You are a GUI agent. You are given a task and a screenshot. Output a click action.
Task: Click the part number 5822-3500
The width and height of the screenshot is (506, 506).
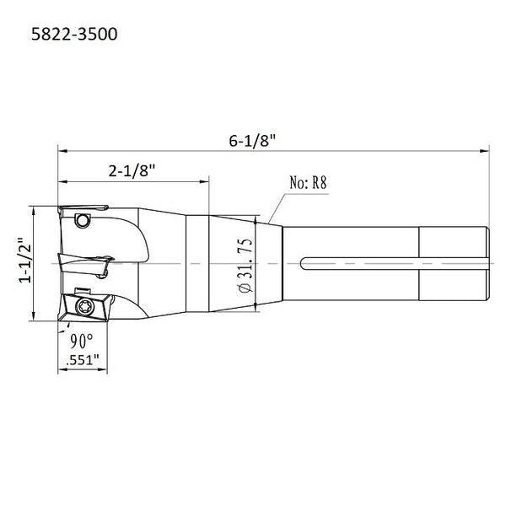click(74, 35)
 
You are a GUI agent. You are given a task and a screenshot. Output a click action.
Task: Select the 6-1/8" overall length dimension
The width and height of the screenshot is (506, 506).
click(252, 141)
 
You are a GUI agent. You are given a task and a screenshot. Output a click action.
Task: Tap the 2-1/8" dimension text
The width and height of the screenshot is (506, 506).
click(132, 170)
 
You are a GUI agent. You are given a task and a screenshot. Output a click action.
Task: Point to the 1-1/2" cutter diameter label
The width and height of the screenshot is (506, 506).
click(25, 261)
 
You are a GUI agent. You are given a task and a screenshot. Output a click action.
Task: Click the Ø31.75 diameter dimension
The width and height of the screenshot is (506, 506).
click(245, 266)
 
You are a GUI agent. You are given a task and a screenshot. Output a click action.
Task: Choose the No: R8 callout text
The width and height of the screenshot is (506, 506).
click(308, 183)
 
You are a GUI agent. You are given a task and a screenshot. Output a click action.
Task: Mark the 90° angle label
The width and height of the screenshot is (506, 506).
click(82, 341)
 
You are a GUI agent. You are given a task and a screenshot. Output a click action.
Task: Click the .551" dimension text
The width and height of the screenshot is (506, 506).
click(83, 360)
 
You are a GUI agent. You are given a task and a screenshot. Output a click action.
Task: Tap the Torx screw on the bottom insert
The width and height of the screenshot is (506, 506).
click(85, 307)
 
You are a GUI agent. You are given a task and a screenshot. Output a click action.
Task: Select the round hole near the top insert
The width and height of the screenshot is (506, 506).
click(83, 221)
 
